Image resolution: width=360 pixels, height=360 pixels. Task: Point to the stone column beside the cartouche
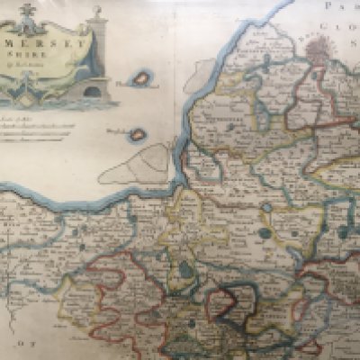pyautogui.click(x=98, y=54)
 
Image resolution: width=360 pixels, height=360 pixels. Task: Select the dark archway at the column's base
pyautogui.click(x=91, y=90)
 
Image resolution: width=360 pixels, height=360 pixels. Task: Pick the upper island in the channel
pyautogui.click(x=140, y=79)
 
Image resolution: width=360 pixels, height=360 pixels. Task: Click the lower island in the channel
pyautogui.click(x=137, y=135)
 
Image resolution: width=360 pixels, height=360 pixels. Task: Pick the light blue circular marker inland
pyautogui.click(x=267, y=208)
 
